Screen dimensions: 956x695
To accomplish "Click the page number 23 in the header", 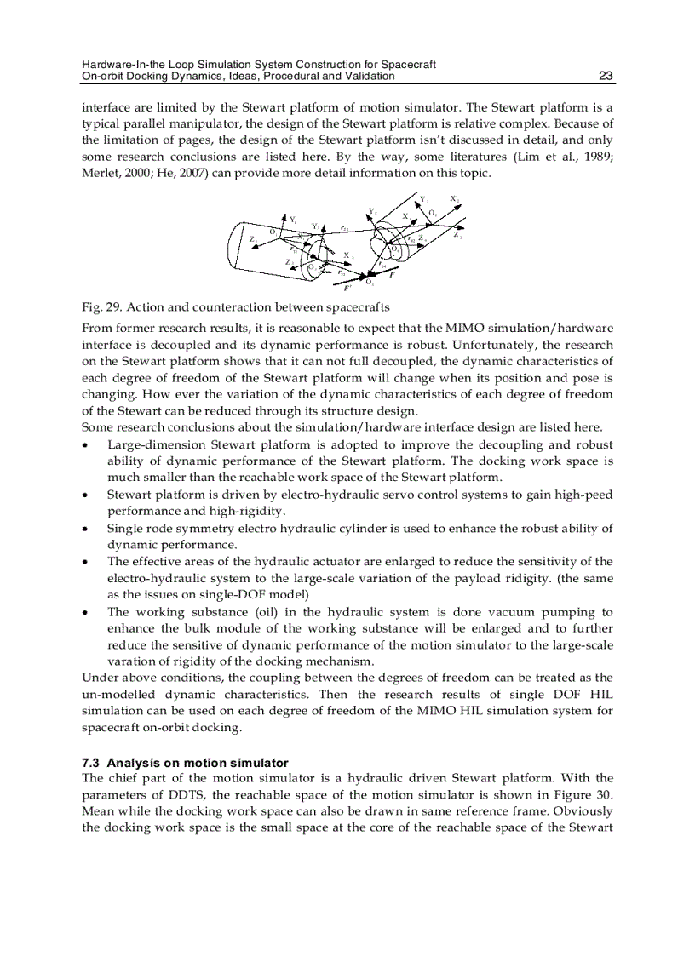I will pos(606,76).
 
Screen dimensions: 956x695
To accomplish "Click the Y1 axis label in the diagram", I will pos(293,219).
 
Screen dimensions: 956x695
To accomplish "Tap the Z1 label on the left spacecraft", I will pos(253,240).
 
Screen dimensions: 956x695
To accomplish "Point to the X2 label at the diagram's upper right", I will pos(454,199).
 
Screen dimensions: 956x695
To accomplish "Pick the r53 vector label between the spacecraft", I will pos(341,272).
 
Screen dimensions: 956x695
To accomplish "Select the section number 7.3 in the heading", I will pos(91,763).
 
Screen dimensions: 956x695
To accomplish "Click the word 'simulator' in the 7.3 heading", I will pos(261,763).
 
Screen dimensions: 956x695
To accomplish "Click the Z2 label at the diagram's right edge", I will pos(457,235).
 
